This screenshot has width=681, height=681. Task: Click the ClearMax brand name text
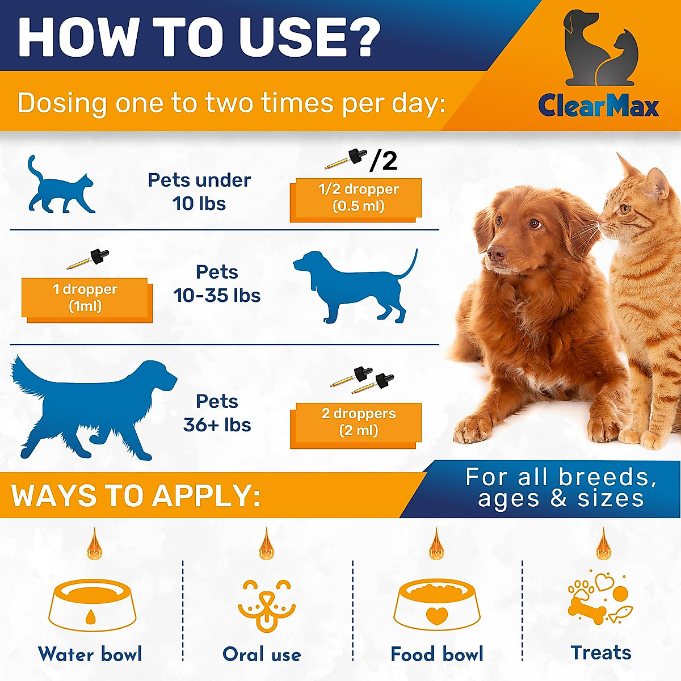point(598,106)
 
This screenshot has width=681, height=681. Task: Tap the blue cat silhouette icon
point(60,187)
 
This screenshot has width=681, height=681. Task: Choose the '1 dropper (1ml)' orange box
point(86,299)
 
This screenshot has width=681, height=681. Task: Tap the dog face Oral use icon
point(266,604)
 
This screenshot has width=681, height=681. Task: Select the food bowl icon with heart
point(436,604)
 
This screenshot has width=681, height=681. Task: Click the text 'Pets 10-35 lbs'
point(217,284)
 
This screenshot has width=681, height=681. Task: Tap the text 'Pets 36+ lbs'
point(217,413)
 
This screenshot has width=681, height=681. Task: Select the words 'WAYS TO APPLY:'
point(136,496)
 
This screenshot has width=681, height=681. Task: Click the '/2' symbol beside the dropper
point(384,161)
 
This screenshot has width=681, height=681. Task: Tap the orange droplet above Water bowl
point(94,545)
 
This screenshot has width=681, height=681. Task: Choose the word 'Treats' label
point(601,653)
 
